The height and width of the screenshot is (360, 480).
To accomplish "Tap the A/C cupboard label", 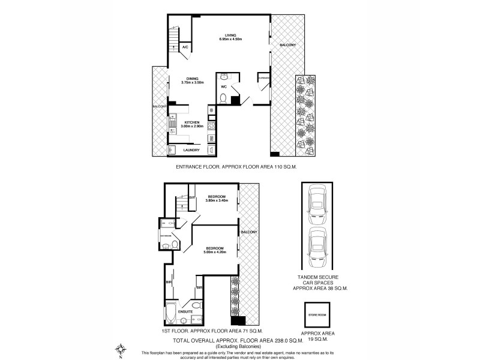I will coord(185,47).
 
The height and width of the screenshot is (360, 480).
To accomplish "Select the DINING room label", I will coord(191,79).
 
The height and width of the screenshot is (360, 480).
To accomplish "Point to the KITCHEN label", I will coord(191,122).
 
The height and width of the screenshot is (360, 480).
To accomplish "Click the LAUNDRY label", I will coord(191,150).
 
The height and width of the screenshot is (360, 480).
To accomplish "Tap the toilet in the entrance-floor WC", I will coord(223,97).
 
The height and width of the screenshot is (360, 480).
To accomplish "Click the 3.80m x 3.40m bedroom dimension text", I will coord(216,200).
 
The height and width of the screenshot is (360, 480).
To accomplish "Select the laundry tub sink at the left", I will coord(171,150).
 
